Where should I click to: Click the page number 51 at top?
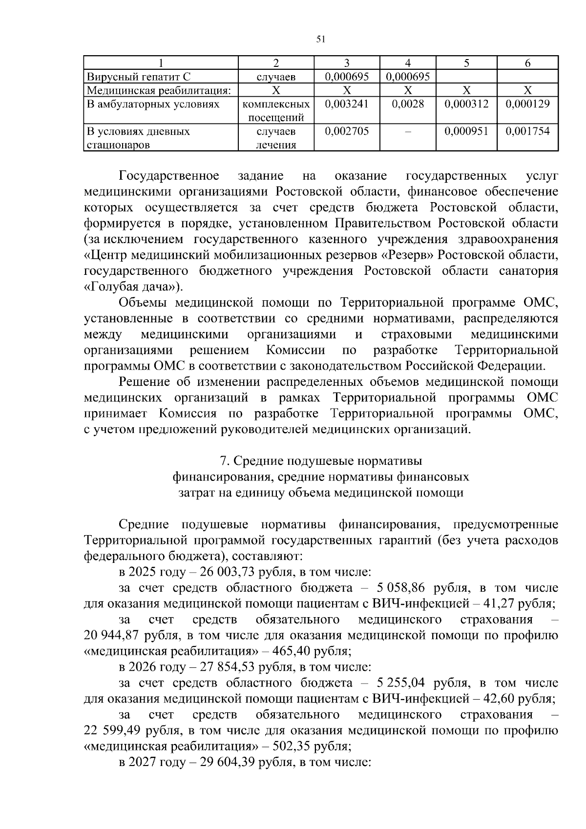pos(321,39)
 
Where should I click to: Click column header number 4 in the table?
pos(408,62)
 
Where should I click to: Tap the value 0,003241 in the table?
pos(346,104)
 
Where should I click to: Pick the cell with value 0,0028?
pos(408,104)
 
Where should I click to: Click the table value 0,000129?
pos(527,104)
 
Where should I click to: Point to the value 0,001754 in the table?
pos(527,131)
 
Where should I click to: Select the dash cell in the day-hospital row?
pos(408,131)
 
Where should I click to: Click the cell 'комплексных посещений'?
pos(276,111)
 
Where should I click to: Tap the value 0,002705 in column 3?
pos(346,131)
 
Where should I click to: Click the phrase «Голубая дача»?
pos(130,287)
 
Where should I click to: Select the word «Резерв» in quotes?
pos(407,255)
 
